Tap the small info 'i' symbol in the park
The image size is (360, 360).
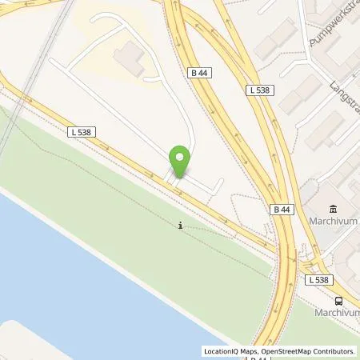181,226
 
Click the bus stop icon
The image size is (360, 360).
338,301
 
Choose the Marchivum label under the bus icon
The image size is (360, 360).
336,313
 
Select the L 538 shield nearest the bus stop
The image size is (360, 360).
319,279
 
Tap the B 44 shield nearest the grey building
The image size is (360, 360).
199,73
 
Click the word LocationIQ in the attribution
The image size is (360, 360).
222,351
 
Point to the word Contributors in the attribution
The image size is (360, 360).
334,351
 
